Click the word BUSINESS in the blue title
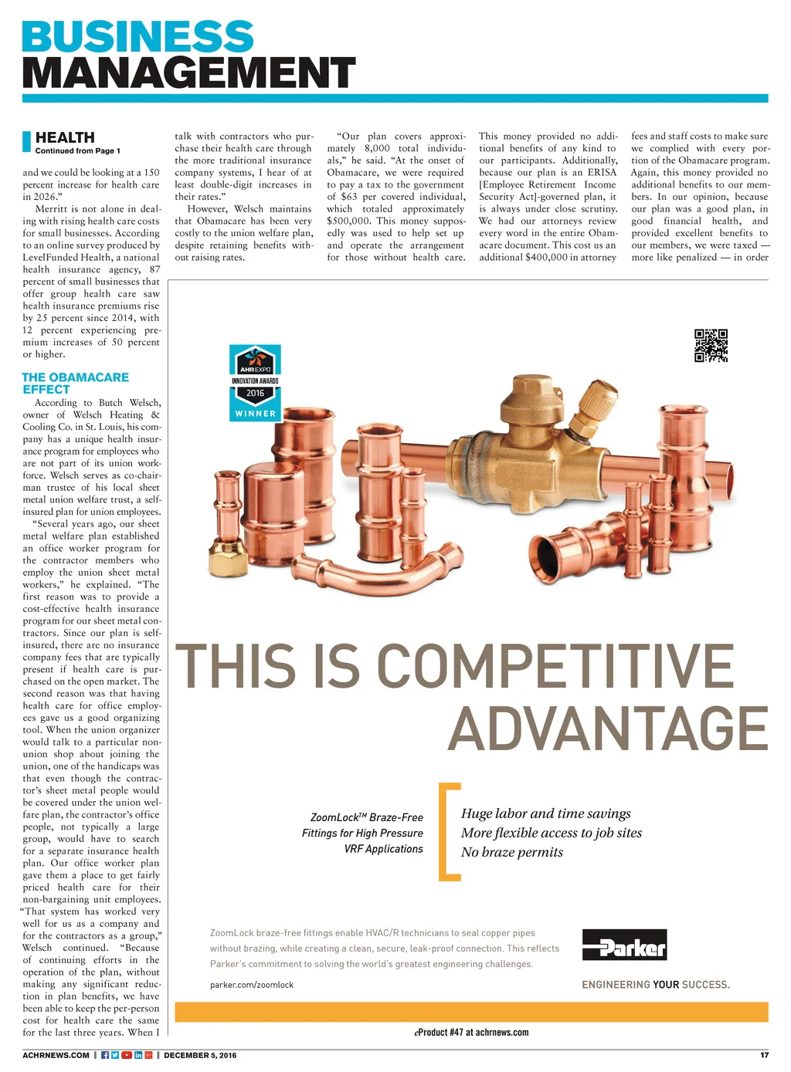[x=137, y=36]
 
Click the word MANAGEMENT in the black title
[x=188, y=73]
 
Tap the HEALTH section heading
[x=65, y=137]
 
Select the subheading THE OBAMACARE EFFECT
[x=75, y=383]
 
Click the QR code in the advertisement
[x=711, y=346]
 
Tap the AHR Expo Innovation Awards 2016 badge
[x=255, y=383]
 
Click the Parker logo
[x=624, y=945]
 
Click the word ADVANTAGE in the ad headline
[x=608, y=729]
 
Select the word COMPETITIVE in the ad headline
[x=555, y=666]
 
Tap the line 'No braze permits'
[x=512, y=852]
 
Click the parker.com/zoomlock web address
[x=252, y=985]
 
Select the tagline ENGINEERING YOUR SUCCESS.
[x=655, y=984]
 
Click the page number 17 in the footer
[x=764, y=1055]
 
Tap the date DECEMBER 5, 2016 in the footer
[x=200, y=1055]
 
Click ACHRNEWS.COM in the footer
[x=56, y=1055]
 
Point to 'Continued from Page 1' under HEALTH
[x=77, y=151]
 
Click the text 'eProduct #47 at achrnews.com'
[x=471, y=1033]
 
